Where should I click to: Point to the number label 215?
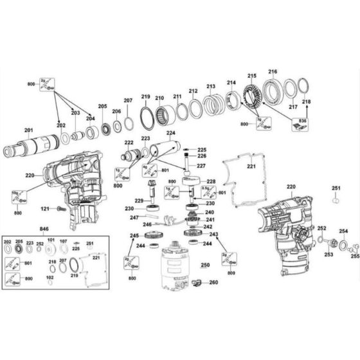point(252,76)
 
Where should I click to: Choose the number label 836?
point(303,122)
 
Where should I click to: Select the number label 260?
point(213,283)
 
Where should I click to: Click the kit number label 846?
point(44,228)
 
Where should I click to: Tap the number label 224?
point(170,134)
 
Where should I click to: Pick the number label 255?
point(355,256)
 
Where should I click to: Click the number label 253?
point(329,255)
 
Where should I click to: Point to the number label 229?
point(138,200)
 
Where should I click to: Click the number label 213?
point(210,86)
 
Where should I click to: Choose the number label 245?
point(134,236)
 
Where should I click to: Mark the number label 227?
point(201,166)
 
